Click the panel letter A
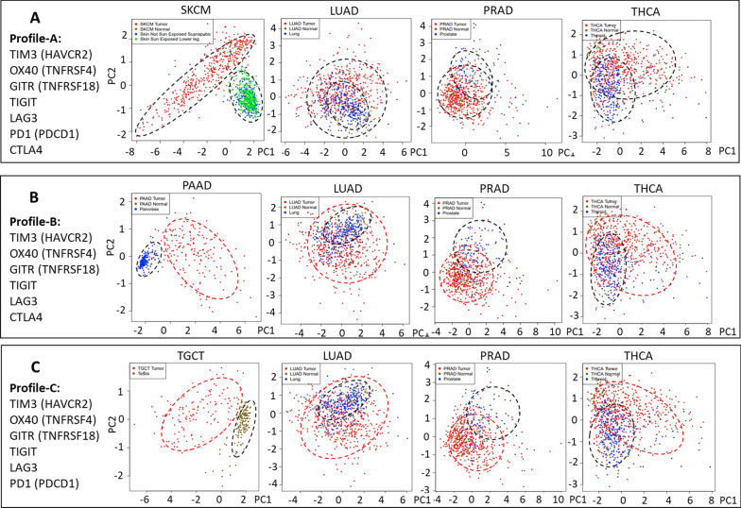tap(36, 19)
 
